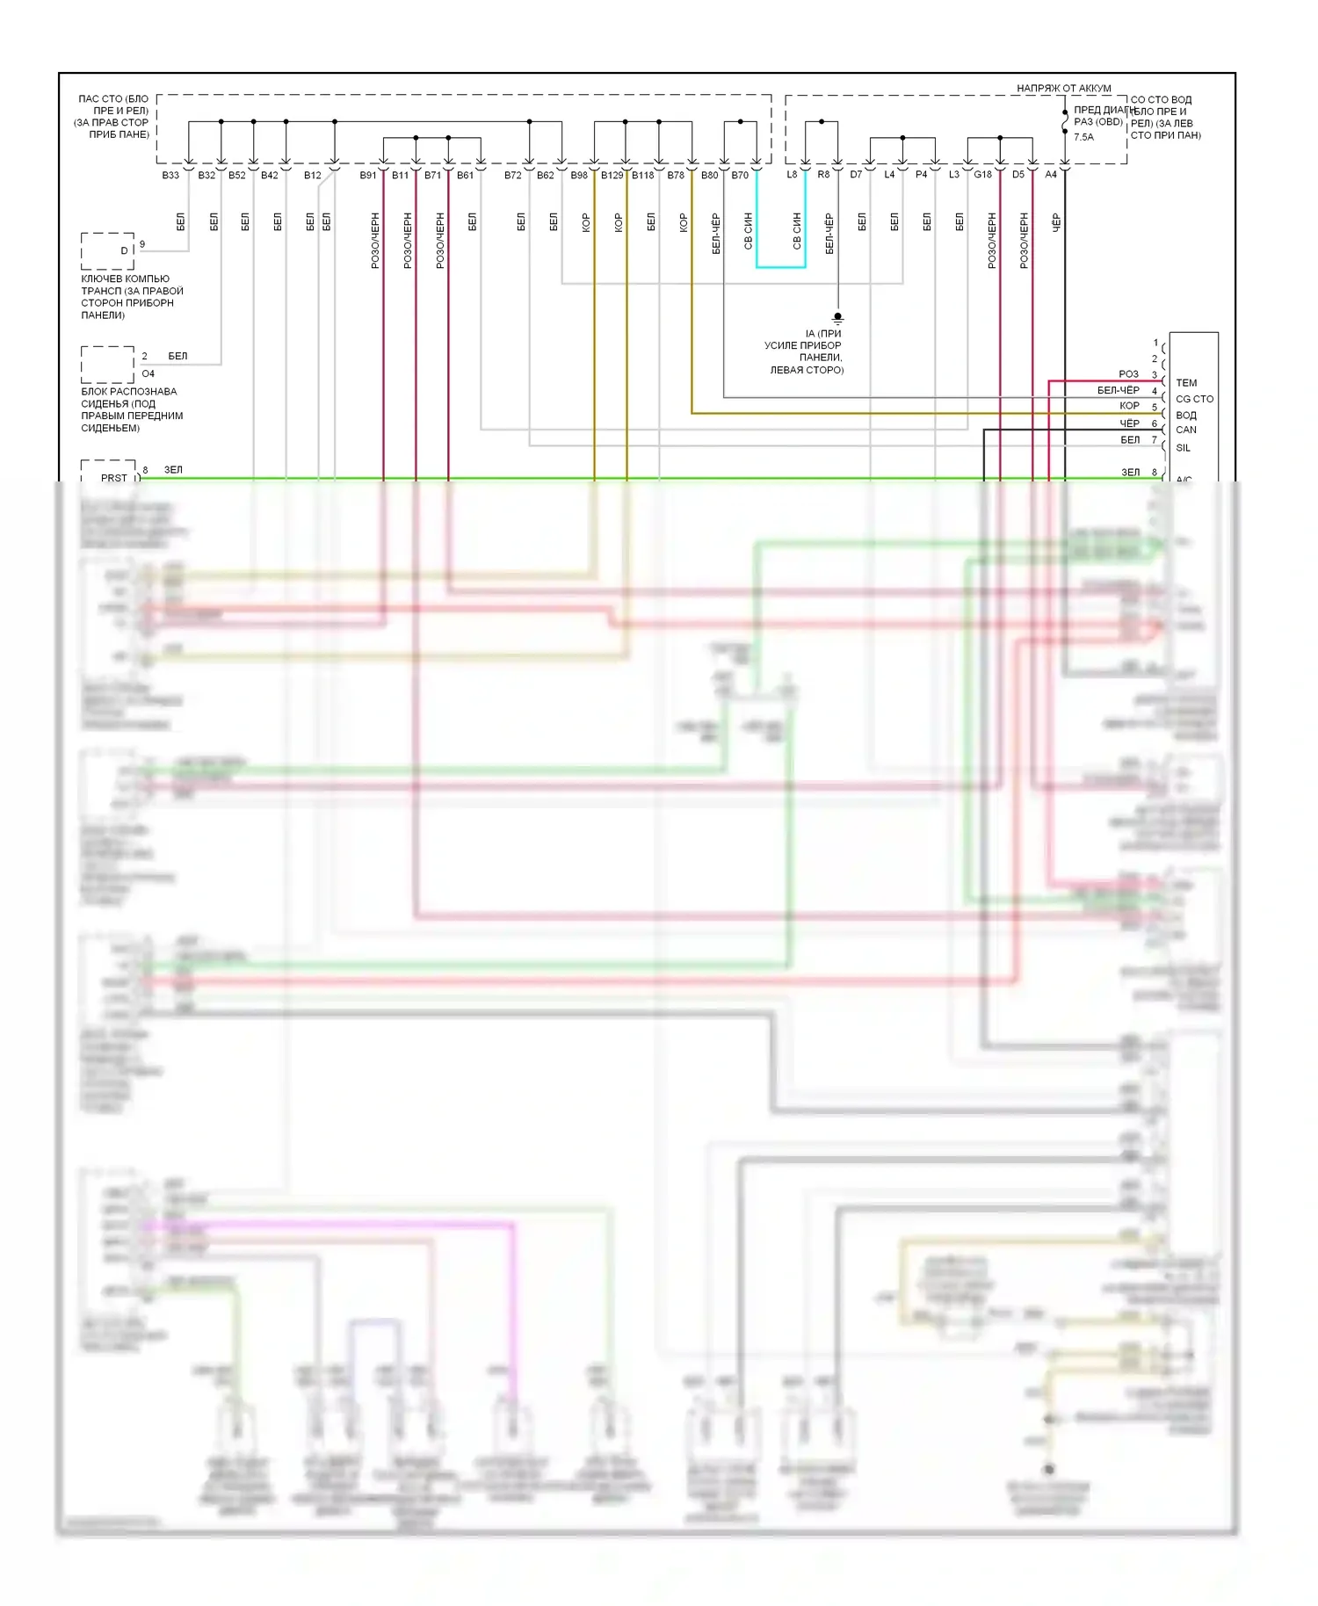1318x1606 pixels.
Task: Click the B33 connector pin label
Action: tap(170, 176)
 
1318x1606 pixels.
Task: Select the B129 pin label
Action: tap(612, 176)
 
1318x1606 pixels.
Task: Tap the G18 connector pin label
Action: tap(982, 175)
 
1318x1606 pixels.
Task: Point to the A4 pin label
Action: tap(1050, 175)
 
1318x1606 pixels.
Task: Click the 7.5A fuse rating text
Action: tap(1083, 137)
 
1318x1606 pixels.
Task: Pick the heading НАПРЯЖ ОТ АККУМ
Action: tap(1063, 89)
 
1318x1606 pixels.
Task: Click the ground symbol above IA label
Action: tap(837, 318)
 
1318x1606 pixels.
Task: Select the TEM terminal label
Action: tap(1186, 383)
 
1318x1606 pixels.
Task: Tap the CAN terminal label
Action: tap(1186, 430)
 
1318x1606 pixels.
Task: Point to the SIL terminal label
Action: tap(1184, 448)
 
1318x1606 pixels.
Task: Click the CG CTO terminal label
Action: tap(1194, 399)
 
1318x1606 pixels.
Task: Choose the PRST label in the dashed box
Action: tap(114, 478)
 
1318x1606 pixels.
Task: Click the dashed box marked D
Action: tap(108, 251)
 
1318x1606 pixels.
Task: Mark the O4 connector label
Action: tap(148, 374)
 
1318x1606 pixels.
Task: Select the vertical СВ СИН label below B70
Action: tap(749, 230)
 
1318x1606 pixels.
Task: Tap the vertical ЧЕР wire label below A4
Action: tap(1056, 222)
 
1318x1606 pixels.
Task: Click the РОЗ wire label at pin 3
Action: tap(1128, 374)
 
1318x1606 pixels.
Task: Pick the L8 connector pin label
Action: tap(792, 175)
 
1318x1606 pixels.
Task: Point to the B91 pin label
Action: tap(368, 176)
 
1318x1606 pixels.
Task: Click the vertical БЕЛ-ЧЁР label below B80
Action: tap(716, 233)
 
